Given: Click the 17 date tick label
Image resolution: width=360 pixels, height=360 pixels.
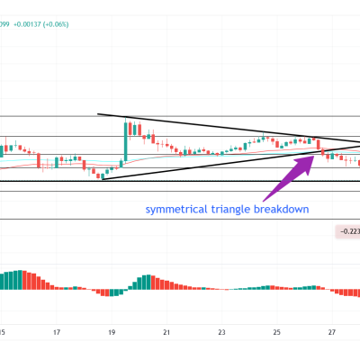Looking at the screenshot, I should [57, 333].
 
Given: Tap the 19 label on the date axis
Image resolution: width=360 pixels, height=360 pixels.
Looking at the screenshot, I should [112, 333].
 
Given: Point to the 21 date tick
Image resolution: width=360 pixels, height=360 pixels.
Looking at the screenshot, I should [166, 333].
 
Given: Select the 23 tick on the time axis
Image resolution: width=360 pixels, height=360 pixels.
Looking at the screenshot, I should [221, 333].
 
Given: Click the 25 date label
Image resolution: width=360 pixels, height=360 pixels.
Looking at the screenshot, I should [276, 333].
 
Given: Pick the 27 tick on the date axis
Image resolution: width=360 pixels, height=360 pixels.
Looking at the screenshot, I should [331, 333].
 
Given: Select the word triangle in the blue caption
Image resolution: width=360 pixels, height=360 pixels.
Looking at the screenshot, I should [229, 210].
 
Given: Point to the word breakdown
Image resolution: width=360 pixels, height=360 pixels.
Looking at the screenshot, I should [281, 210].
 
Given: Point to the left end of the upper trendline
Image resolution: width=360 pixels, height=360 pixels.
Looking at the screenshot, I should [99, 114].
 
